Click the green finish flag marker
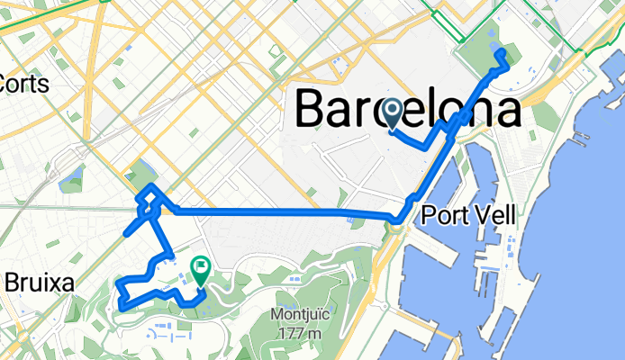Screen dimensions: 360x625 click(x=199, y=269)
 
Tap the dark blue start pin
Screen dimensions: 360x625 click(x=393, y=112)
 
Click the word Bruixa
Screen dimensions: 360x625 click(x=38, y=283)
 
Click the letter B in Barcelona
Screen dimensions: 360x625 click(x=312, y=112)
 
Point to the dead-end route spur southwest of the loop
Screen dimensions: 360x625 click(x=124, y=232)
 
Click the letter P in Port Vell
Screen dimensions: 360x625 click(x=429, y=216)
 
